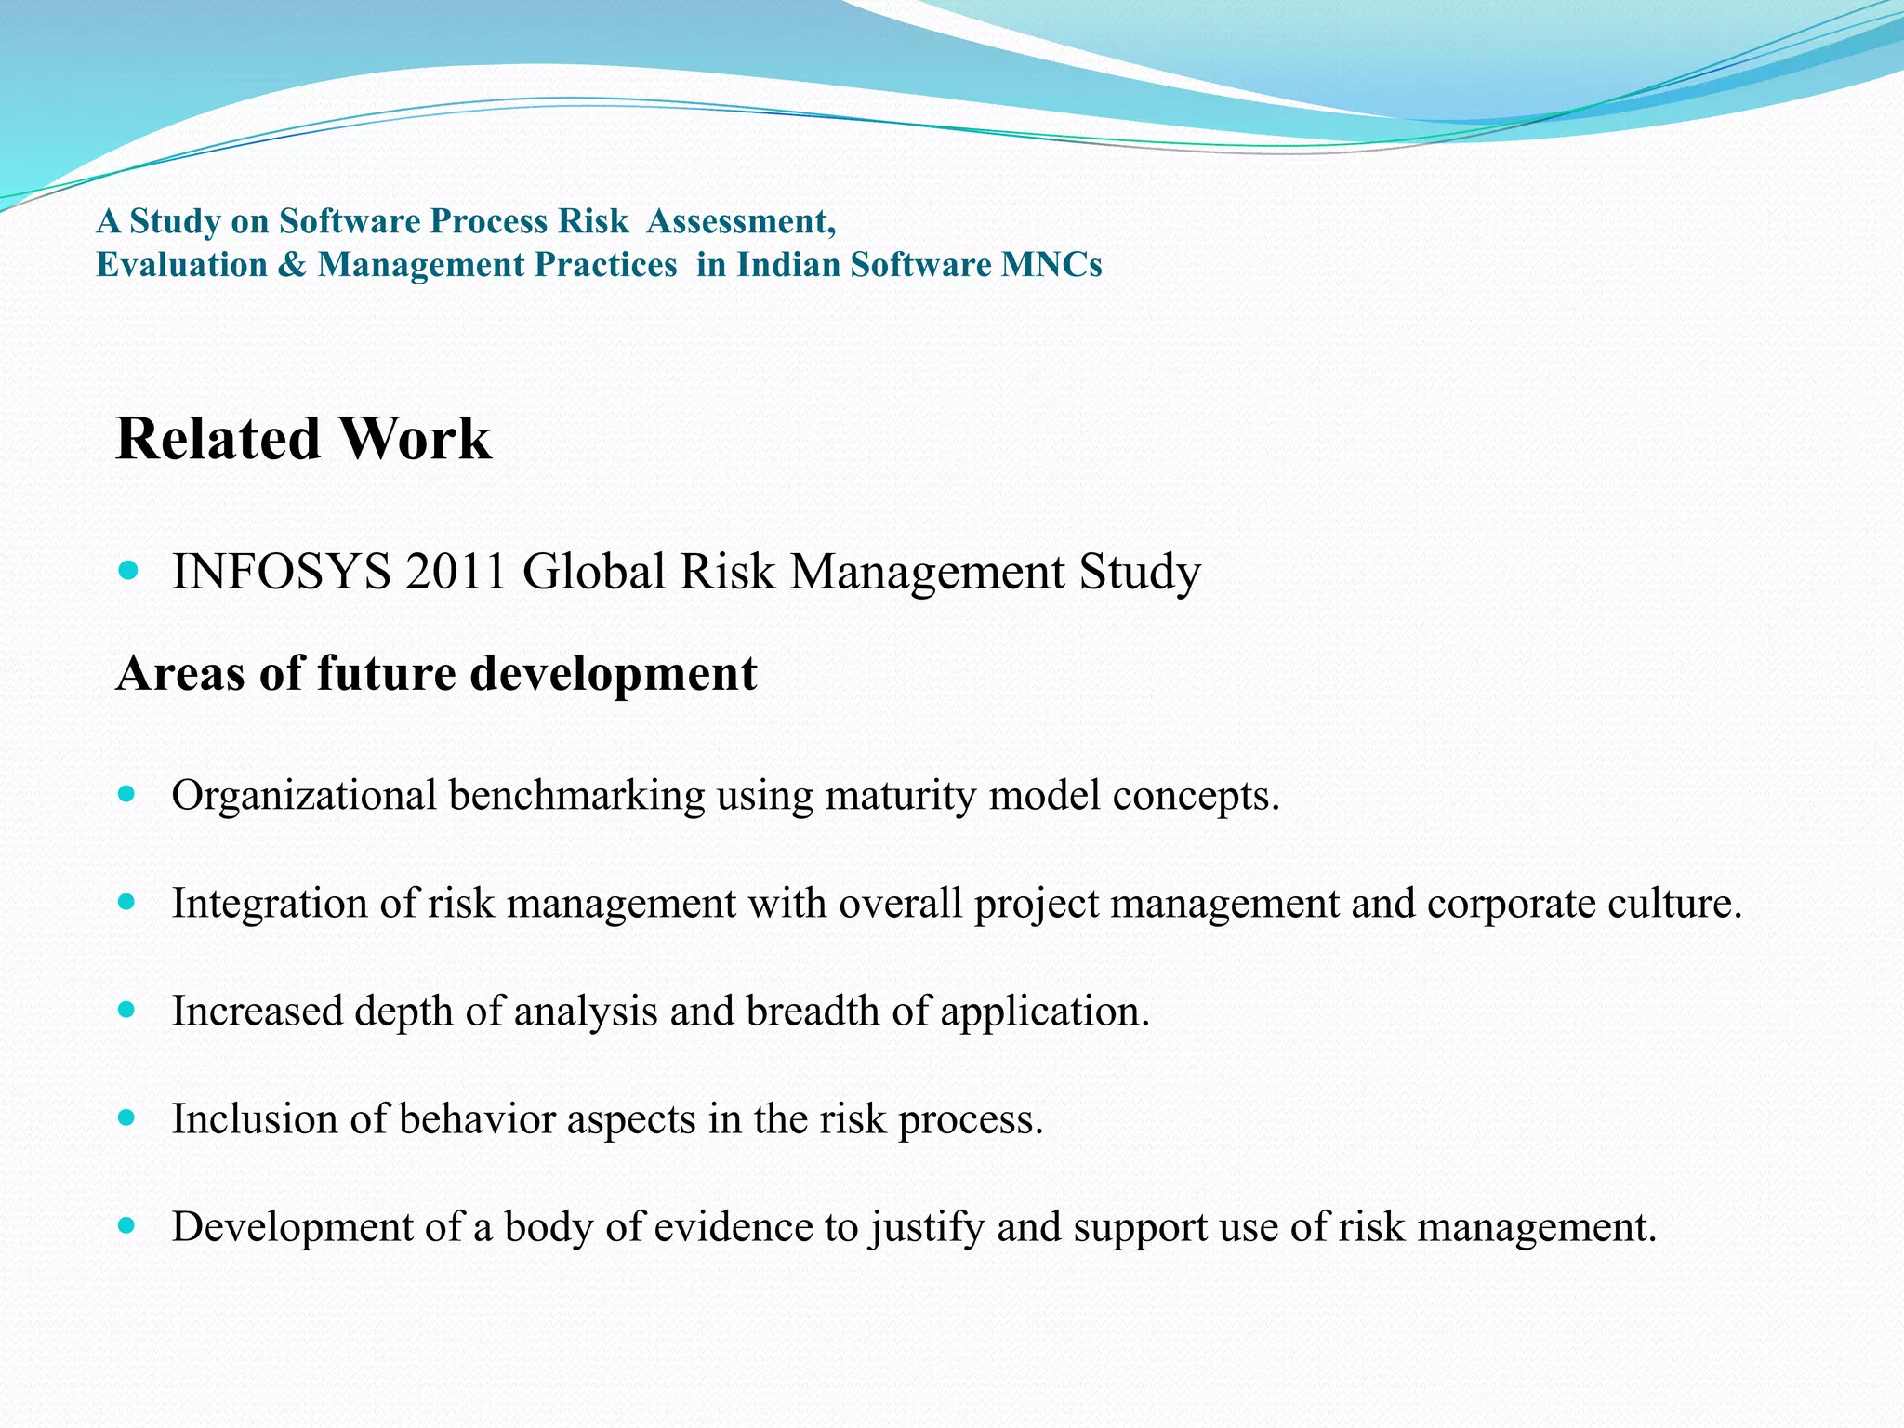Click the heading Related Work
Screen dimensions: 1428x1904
coord(303,439)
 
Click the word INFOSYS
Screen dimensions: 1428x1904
coord(281,572)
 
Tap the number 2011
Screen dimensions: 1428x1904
coord(456,572)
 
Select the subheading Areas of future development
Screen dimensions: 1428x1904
coord(436,673)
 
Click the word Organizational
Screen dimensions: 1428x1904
coord(304,796)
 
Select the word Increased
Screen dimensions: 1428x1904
coord(258,1011)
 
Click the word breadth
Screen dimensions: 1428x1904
coord(813,1011)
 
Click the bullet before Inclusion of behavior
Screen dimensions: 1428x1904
coord(128,1117)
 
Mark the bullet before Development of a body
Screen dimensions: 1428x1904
coord(128,1225)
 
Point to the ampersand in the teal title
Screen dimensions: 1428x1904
coord(292,265)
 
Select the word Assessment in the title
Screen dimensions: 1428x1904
coord(740,221)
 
